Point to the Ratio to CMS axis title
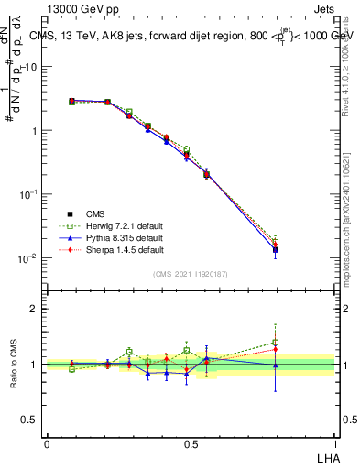tap(13, 362)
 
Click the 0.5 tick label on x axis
tap(191, 443)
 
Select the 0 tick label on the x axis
tap(47, 443)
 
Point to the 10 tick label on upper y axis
tap(30, 67)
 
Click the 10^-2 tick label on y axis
tap(27, 258)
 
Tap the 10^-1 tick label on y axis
tap(27, 194)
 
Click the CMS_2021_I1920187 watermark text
tap(191, 273)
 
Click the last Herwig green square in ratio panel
tap(276, 343)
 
